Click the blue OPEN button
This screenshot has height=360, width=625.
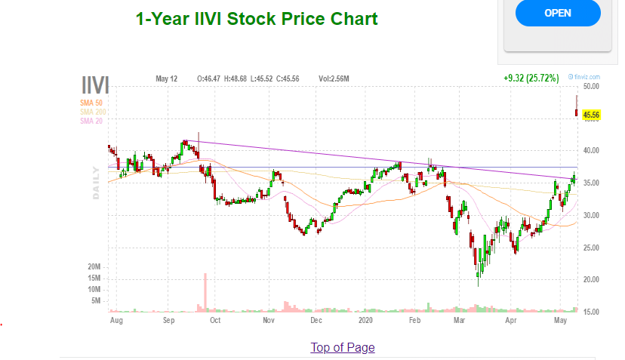557,13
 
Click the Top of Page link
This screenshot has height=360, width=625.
342,347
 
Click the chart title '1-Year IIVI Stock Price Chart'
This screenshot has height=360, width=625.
257,18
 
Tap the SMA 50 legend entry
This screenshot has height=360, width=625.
91,103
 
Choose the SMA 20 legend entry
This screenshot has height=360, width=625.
91,121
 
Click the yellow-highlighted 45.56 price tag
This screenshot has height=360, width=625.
592,115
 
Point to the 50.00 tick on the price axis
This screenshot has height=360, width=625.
591,87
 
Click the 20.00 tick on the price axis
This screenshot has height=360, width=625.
591,280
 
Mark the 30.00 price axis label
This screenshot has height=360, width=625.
591,216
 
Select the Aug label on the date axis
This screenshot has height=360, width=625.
116,320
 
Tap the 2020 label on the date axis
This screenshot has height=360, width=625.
365,320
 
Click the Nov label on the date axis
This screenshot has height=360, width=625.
269,320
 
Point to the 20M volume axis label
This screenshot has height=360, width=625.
94,267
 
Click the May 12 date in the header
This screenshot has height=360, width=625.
166,78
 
